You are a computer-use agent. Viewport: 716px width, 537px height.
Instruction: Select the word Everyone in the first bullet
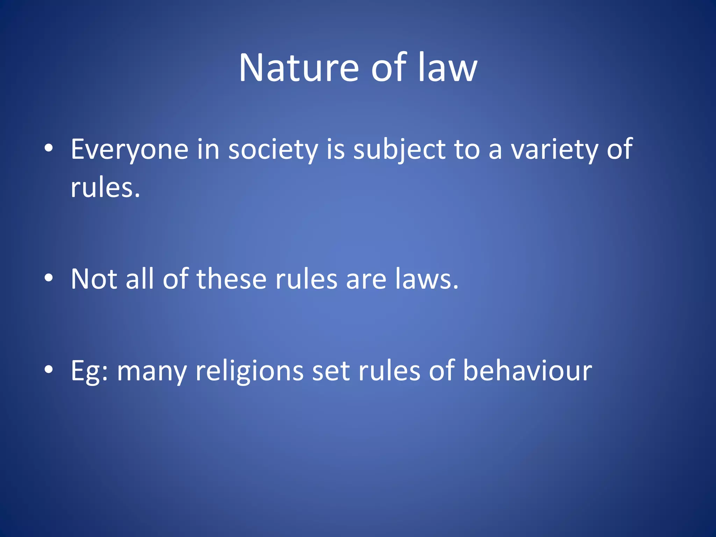129,150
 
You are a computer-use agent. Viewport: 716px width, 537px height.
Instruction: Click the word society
273,150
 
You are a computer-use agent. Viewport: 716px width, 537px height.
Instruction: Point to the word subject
399,150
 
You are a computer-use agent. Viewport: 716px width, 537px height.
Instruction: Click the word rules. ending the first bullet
105,188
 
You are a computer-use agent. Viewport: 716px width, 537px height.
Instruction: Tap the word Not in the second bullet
94,279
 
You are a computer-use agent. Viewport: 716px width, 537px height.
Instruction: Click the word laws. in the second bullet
427,279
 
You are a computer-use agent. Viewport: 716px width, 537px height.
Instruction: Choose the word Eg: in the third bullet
89,371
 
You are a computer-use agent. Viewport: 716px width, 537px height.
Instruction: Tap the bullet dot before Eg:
49,369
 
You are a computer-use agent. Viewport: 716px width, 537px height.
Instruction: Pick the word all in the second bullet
139,279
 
